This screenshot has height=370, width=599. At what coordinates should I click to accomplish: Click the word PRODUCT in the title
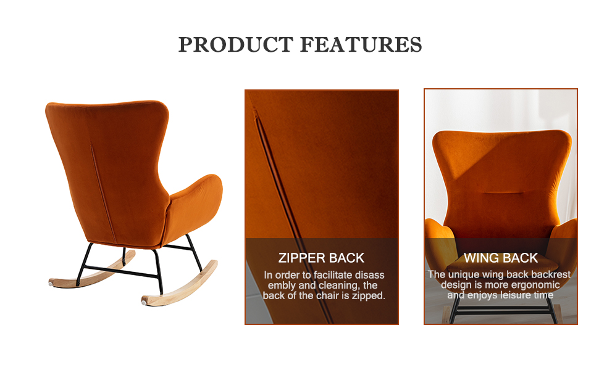234,45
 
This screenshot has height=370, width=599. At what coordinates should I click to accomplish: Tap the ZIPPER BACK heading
321,258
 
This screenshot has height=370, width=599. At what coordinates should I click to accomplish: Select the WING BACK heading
501,258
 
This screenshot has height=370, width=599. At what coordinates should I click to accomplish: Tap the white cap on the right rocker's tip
145,302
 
